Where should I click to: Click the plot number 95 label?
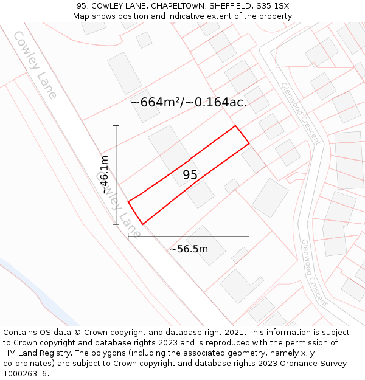190,175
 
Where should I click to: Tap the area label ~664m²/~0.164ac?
189,102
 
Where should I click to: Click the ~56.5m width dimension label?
189,249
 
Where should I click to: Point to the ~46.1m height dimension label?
104,174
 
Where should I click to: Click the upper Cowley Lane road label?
35,64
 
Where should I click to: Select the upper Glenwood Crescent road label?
299,113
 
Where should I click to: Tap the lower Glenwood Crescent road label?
314,272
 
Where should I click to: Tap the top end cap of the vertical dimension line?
116,126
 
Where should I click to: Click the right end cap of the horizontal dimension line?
249,237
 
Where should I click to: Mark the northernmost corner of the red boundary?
235,126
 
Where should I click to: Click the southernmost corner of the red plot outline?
142,224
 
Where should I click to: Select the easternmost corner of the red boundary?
249,143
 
